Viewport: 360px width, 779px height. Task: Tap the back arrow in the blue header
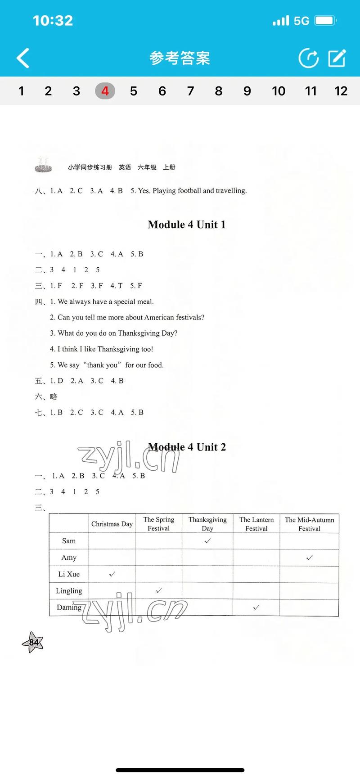(23, 58)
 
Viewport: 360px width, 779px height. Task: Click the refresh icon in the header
(309, 58)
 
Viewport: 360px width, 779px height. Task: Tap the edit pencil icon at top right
(337, 58)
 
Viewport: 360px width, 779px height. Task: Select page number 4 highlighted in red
(105, 91)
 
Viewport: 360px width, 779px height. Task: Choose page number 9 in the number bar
(247, 91)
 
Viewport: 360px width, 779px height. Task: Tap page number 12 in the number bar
(341, 91)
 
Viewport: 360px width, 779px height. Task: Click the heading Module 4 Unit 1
(186, 225)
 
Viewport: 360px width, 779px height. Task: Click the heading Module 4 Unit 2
(187, 447)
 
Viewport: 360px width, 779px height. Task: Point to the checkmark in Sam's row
(207, 541)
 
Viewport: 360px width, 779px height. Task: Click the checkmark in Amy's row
(309, 558)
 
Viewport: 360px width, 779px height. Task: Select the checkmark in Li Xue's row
(112, 574)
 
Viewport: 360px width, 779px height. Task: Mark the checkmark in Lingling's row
(158, 590)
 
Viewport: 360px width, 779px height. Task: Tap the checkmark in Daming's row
(256, 607)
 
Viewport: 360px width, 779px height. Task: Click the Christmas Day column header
(112, 524)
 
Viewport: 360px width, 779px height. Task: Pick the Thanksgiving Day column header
(207, 524)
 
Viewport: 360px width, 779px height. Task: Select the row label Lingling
(69, 591)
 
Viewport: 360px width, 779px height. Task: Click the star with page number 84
(33, 642)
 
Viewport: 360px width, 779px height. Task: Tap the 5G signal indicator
(301, 21)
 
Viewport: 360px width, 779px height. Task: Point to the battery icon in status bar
(325, 21)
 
